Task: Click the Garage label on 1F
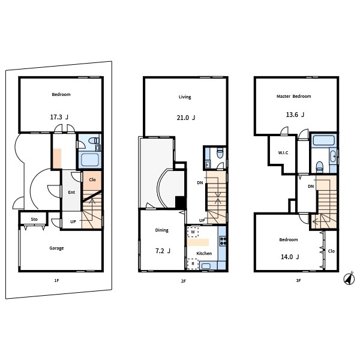(56, 248)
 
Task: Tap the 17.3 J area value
(59, 117)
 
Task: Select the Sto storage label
(34, 219)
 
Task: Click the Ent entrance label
(71, 193)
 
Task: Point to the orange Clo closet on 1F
(92, 181)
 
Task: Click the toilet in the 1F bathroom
(94, 140)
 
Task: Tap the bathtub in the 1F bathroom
(90, 160)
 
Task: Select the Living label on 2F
(185, 97)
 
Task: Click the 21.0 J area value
(186, 118)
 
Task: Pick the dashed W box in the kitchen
(193, 232)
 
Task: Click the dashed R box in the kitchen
(193, 264)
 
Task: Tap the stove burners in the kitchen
(223, 241)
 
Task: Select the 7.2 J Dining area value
(163, 251)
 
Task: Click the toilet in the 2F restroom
(220, 153)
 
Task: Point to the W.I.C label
(283, 152)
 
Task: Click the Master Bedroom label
(293, 97)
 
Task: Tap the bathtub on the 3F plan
(323, 140)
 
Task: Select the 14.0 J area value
(290, 257)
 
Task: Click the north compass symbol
(349, 278)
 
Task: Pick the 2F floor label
(183, 281)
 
